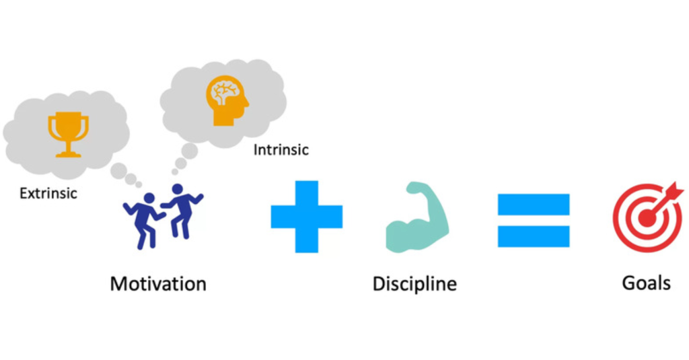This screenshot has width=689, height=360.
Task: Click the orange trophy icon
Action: click(68, 134)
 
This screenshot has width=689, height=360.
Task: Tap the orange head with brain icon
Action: click(227, 101)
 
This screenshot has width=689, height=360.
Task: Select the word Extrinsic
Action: click(48, 193)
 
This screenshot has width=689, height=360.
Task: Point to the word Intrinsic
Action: click(281, 150)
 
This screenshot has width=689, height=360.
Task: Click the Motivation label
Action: click(158, 284)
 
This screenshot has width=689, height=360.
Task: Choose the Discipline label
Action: click(414, 284)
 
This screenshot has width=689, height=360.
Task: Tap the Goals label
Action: click(647, 283)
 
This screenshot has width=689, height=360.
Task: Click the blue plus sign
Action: click(307, 217)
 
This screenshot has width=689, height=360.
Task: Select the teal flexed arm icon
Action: click(416, 217)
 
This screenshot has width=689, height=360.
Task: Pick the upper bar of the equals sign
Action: click(534, 205)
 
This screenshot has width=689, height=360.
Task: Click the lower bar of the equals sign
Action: click(534, 236)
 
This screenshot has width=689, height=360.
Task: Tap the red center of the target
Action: click(647, 218)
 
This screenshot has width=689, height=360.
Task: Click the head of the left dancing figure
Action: click(149, 199)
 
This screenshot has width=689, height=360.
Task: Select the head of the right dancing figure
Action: click(178, 190)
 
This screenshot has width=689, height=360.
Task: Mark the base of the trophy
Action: click(68, 154)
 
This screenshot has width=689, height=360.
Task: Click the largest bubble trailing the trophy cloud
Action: click(118, 171)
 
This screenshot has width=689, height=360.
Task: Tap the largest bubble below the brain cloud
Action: click(189, 151)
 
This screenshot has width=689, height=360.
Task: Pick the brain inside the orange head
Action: click(225, 92)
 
